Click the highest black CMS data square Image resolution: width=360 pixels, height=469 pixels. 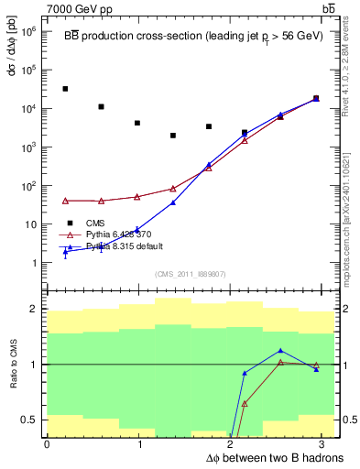click(65, 89)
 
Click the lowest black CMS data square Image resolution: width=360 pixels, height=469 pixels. click(173, 136)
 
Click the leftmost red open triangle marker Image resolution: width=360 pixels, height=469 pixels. click(65, 201)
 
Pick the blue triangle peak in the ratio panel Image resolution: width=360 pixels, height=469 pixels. click(280, 351)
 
